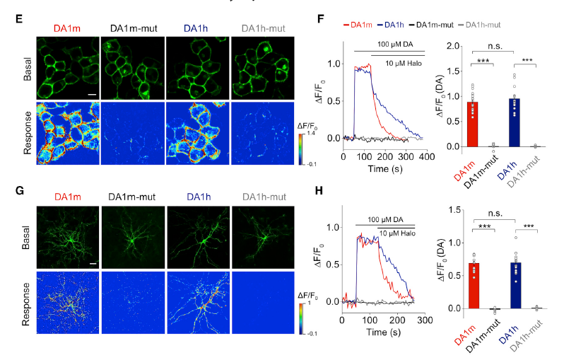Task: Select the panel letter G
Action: tap(20, 192)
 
